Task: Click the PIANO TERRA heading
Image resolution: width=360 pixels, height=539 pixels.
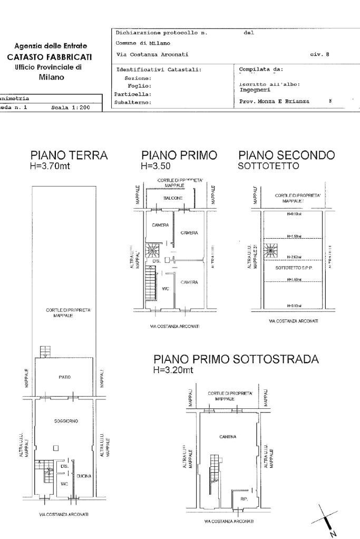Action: tap(69, 155)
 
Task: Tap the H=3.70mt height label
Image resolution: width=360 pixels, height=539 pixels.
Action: tap(51, 166)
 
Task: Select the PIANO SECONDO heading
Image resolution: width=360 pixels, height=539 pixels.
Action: tap(286, 155)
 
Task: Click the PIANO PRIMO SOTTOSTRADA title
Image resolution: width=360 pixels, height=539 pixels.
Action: tap(236, 359)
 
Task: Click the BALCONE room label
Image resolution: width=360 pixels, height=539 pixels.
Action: tap(172, 198)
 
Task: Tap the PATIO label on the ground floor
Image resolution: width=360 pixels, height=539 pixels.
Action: tap(65, 377)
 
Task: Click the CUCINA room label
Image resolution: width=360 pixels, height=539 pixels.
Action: tap(84, 476)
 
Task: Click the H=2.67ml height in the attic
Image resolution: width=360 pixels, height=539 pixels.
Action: tap(294, 257)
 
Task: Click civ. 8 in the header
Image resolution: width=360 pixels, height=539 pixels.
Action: tap(320, 55)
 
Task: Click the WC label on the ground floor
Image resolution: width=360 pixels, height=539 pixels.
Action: tap(63, 483)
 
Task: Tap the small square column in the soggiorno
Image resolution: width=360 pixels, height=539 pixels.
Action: tap(56, 448)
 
